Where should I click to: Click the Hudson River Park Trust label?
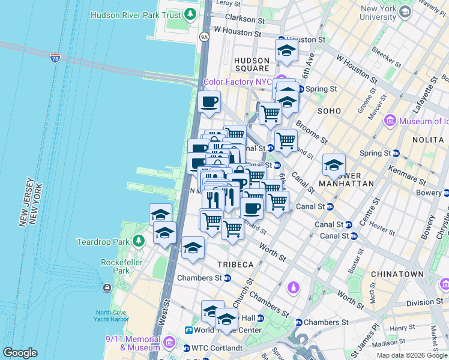pyautogui.click(x=136, y=14)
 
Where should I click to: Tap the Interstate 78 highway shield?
pyautogui.click(x=55, y=58)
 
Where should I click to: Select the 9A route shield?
pyautogui.click(x=204, y=37)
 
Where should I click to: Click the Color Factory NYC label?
pyautogui.click(x=238, y=82)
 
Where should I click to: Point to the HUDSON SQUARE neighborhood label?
pyautogui.click(x=252, y=65)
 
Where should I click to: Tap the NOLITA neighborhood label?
pyautogui.click(x=428, y=139)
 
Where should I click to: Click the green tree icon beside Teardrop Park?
pyautogui.click(x=139, y=242)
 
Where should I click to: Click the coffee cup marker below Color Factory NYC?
pyautogui.click(x=209, y=102)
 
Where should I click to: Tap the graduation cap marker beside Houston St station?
pyautogui.click(x=287, y=50)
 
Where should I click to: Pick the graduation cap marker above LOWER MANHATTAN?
pyautogui.click(x=334, y=164)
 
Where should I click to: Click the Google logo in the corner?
pyautogui.click(x=20, y=353)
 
